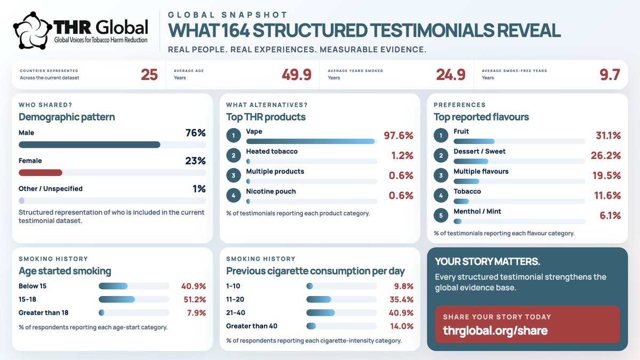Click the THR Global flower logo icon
pos(33,30)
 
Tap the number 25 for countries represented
pos(149,75)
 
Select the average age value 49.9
pos(297,75)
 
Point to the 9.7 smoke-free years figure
pos(610,75)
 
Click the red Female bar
pos(41,173)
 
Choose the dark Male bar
pos(90,145)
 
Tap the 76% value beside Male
pos(196,133)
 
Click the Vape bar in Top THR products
pos(310,141)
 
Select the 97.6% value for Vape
pos(398,135)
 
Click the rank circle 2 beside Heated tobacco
pos(234,155)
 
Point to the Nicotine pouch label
pos(271,191)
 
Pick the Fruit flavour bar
pos(474,141)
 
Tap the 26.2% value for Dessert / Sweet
pos(606,155)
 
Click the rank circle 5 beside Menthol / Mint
pos(441,215)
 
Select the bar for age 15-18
pos(117,299)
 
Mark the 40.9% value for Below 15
pos(194,286)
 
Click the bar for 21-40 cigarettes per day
pos(321,313)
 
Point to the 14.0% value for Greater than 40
pos(402,326)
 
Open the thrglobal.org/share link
pos(495,331)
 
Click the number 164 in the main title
pos(235,30)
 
